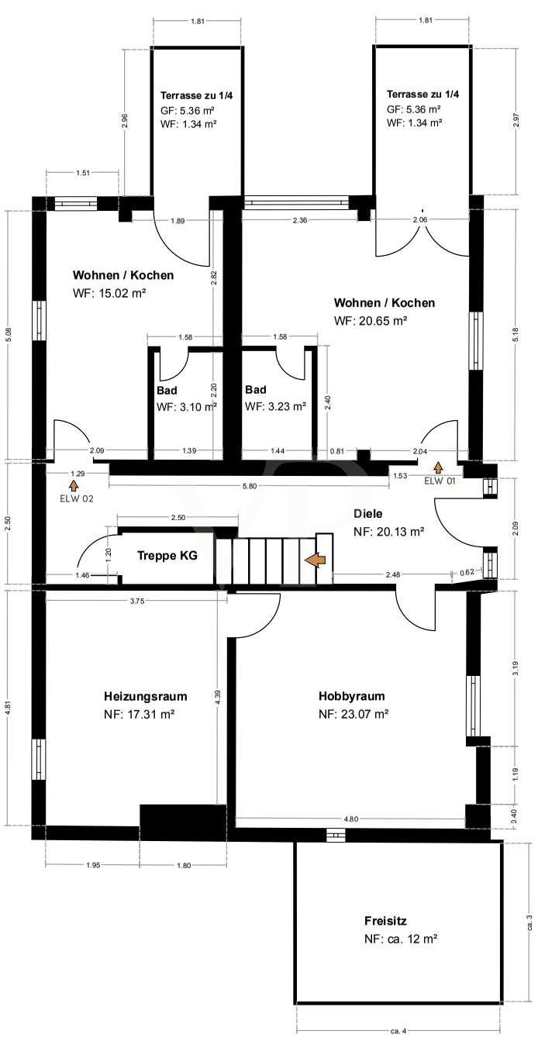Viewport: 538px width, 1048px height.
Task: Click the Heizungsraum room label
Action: [145, 696]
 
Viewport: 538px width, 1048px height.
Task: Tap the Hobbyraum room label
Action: [351, 696]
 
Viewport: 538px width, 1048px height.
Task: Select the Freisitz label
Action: [385, 921]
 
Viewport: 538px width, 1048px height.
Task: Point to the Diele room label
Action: [367, 514]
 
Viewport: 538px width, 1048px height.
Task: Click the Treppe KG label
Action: [167, 555]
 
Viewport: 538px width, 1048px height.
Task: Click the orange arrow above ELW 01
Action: [438, 467]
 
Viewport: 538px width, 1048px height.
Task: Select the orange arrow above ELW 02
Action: [74, 484]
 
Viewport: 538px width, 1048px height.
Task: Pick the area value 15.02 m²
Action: [122, 293]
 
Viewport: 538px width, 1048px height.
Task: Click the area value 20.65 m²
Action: [383, 321]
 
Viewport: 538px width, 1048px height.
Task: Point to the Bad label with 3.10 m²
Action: [167, 390]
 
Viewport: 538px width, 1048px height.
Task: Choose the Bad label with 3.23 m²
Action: [255, 390]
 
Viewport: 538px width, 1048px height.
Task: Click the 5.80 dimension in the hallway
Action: [250, 486]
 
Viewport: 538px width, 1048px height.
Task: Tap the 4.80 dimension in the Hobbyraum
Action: [351, 819]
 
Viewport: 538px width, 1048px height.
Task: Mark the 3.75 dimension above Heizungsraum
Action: [136, 602]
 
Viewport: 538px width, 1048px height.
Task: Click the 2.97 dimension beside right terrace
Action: [516, 121]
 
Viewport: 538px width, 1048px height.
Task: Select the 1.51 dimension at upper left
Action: [82, 173]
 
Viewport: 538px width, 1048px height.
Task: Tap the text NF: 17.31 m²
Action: [139, 715]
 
